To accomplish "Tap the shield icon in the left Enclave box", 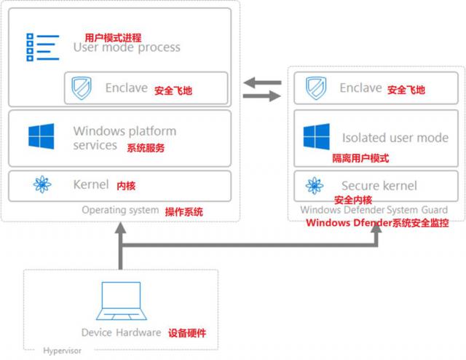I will coord(79,89).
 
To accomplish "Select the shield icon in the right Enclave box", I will coord(315,88).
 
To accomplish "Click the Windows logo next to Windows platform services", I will coord(42,138).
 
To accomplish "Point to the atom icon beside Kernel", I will coord(42,185).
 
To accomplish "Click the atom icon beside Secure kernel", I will coord(315,185).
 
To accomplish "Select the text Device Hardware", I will coord(121,333).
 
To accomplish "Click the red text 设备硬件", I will coord(187,333).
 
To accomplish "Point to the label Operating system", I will coord(119,211).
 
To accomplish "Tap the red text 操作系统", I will coord(184,211).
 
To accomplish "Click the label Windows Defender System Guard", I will coord(374,211).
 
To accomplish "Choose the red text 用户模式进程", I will coord(113,37).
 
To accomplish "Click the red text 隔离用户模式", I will coord(360,157).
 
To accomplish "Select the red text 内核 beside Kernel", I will coord(126,185).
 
